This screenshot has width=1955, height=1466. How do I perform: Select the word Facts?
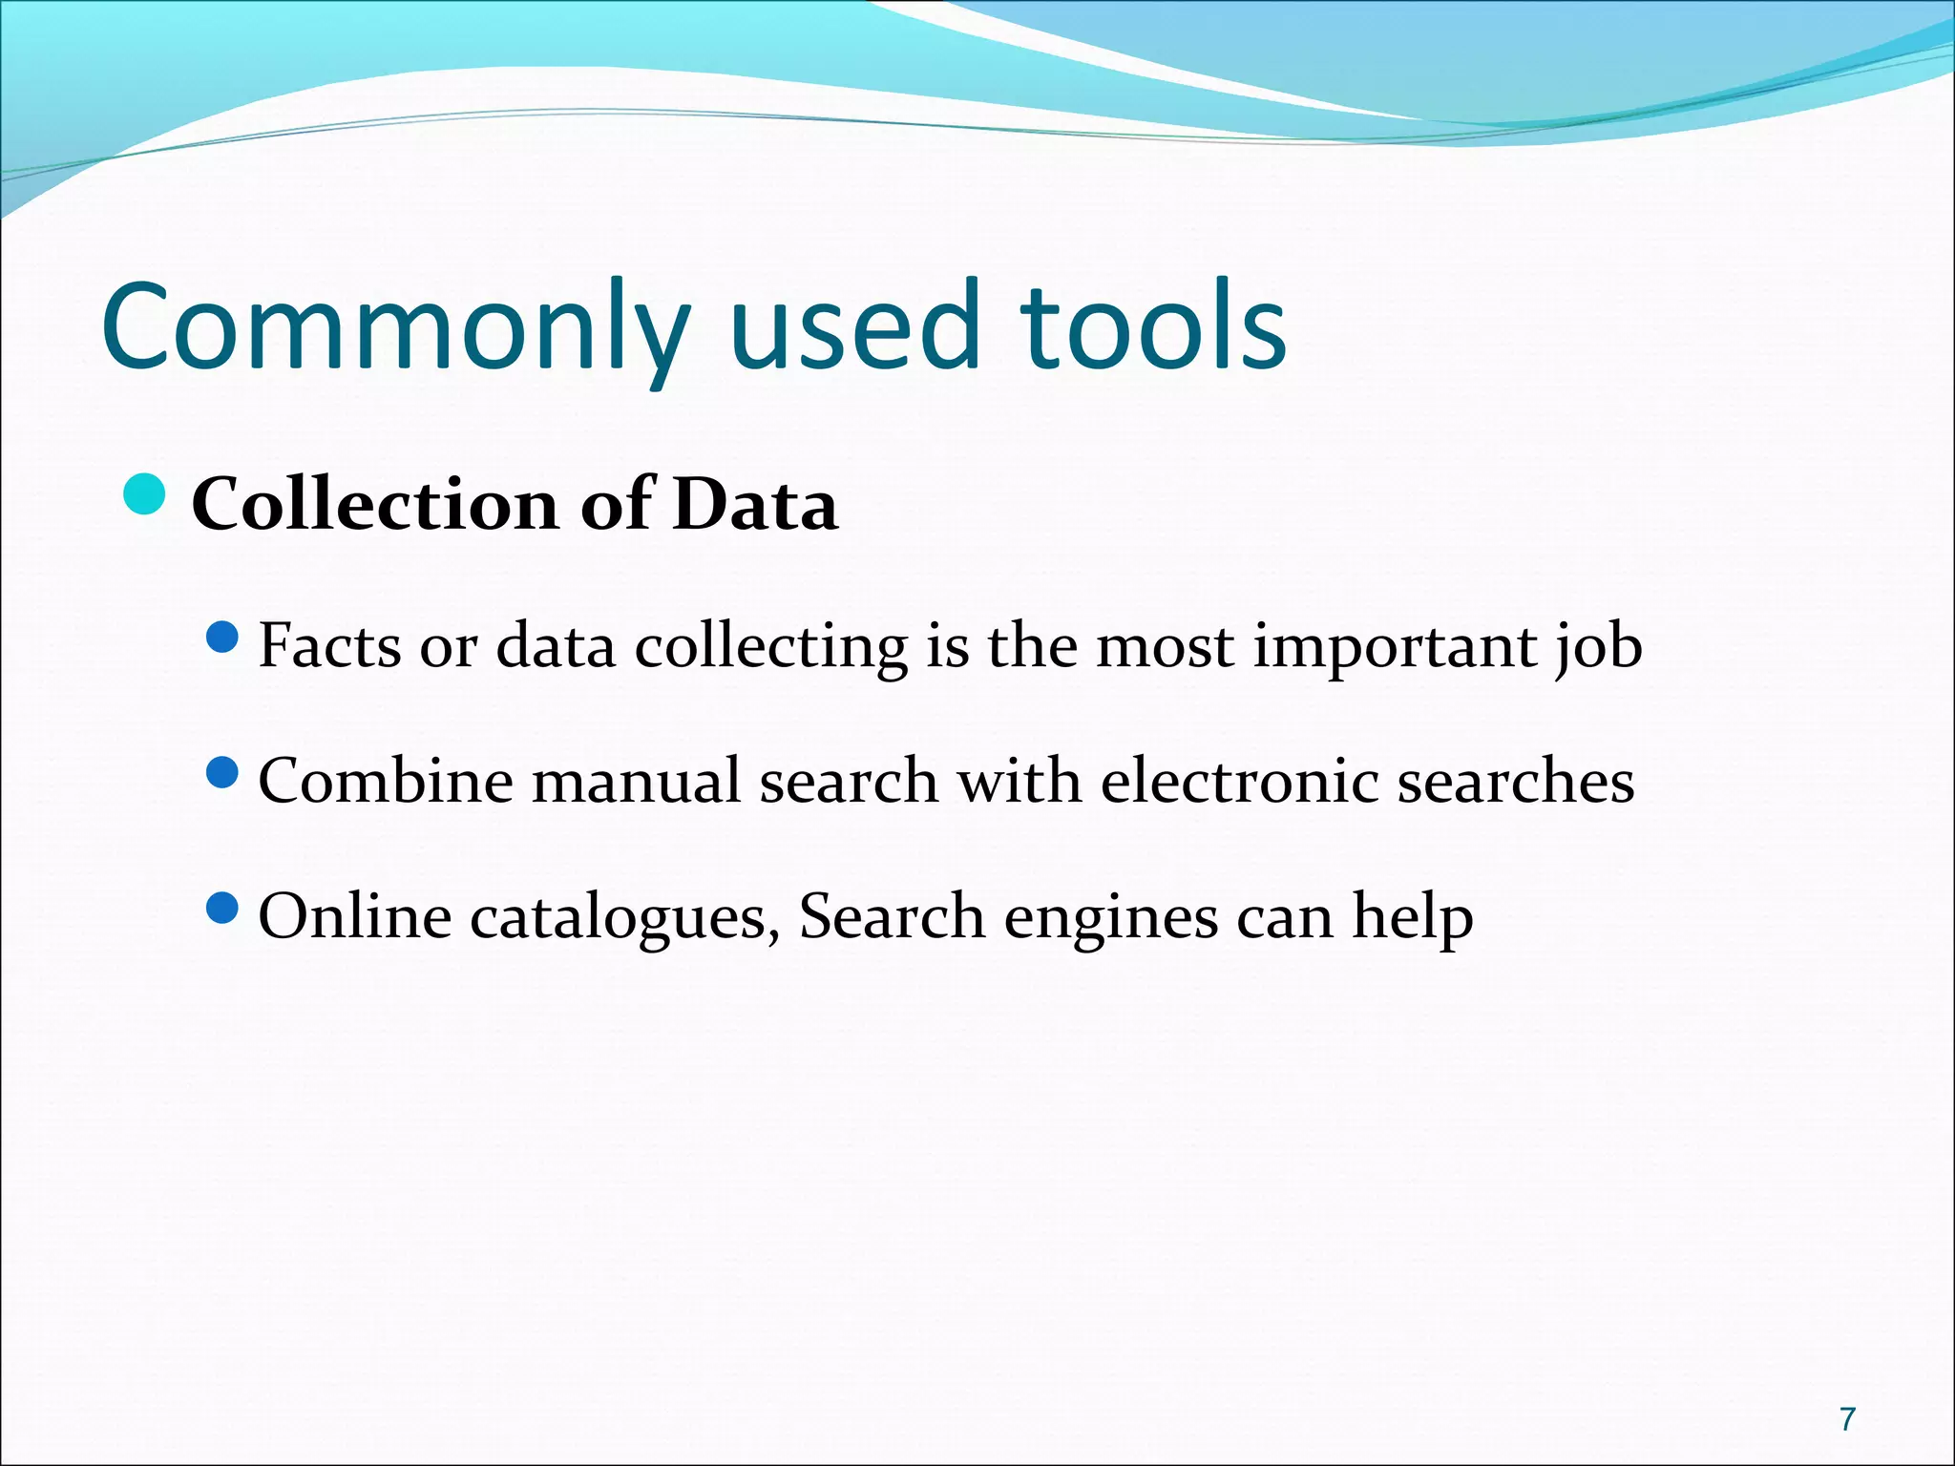click(329, 646)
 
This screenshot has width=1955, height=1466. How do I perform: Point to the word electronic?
click(1239, 782)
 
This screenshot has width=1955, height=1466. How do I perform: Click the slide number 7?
click(1848, 1419)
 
